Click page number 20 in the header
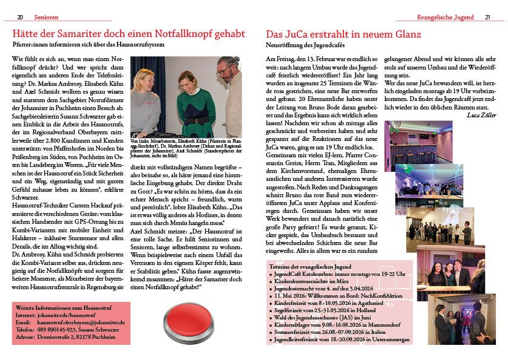[x=19, y=17]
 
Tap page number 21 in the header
[x=487, y=17]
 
